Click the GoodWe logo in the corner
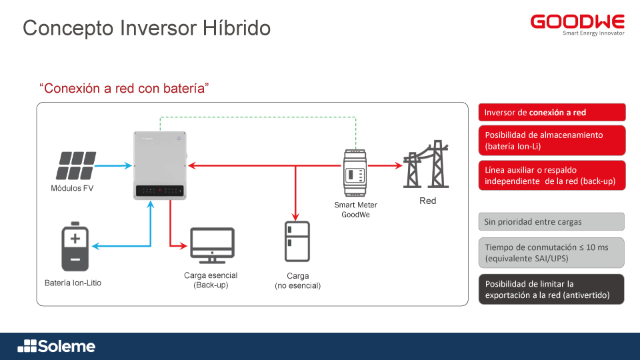tap(577, 23)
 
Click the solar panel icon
tap(75, 166)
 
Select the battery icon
tap(75, 246)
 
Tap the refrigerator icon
tap(297, 241)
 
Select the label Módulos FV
tap(72, 189)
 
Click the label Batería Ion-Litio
tap(73, 283)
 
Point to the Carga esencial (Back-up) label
tap(211, 280)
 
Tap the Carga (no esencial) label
tap(297, 281)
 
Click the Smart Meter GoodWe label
tap(355, 210)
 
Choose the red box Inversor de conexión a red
tap(551, 113)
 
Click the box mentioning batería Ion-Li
tap(551, 140)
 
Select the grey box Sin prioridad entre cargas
tap(551, 221)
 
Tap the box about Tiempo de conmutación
tap(551, 252)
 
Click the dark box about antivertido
tap(551, 289)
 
